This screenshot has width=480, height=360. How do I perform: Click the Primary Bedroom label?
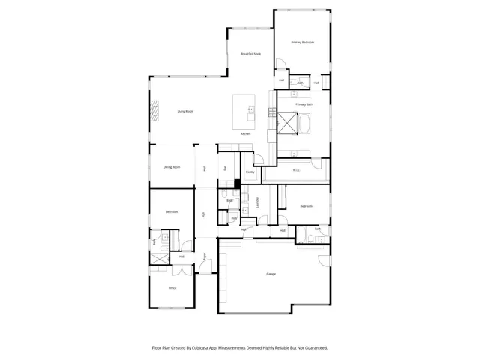(x=303, y=43)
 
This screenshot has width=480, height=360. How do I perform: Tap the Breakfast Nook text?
(x=250, y=54)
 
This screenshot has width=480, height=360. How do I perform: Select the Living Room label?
(x=185, y=111)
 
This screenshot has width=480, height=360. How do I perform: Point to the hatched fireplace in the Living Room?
(x=155, y=111)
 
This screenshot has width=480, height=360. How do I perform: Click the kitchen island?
(x=244, y=110)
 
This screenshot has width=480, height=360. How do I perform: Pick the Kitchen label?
(x=245, y=133)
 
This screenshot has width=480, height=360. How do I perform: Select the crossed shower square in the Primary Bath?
(x=286, y=122)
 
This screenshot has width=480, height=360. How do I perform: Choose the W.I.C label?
(x=296, y=171)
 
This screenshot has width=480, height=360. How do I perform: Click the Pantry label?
(x=250, y=172)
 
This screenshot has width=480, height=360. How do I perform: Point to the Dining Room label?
(x=172, y=167)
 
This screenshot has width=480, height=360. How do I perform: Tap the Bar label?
(x=225, y=167)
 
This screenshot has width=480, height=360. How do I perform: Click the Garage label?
(x=271, y=274)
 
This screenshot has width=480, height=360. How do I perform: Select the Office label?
(x=172, y=288)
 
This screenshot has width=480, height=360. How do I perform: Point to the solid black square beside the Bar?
(x=235, y=183)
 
